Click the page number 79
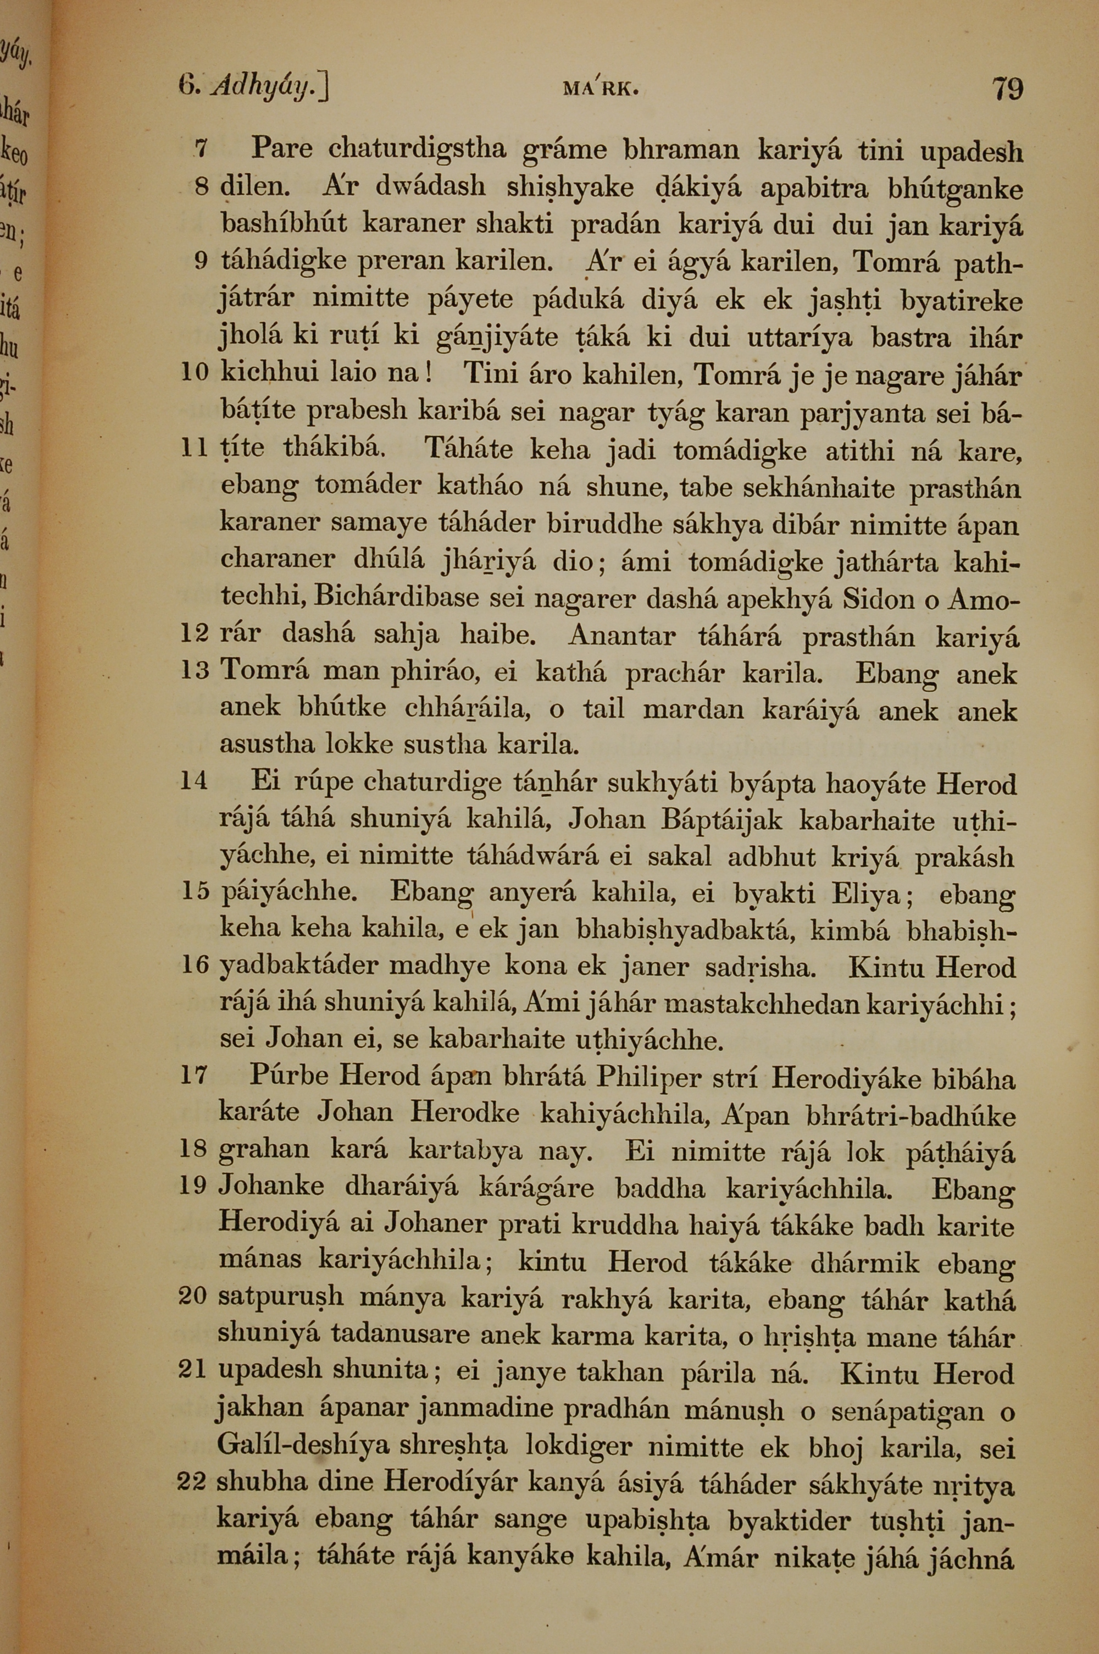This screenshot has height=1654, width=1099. (x=1007, y=90)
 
